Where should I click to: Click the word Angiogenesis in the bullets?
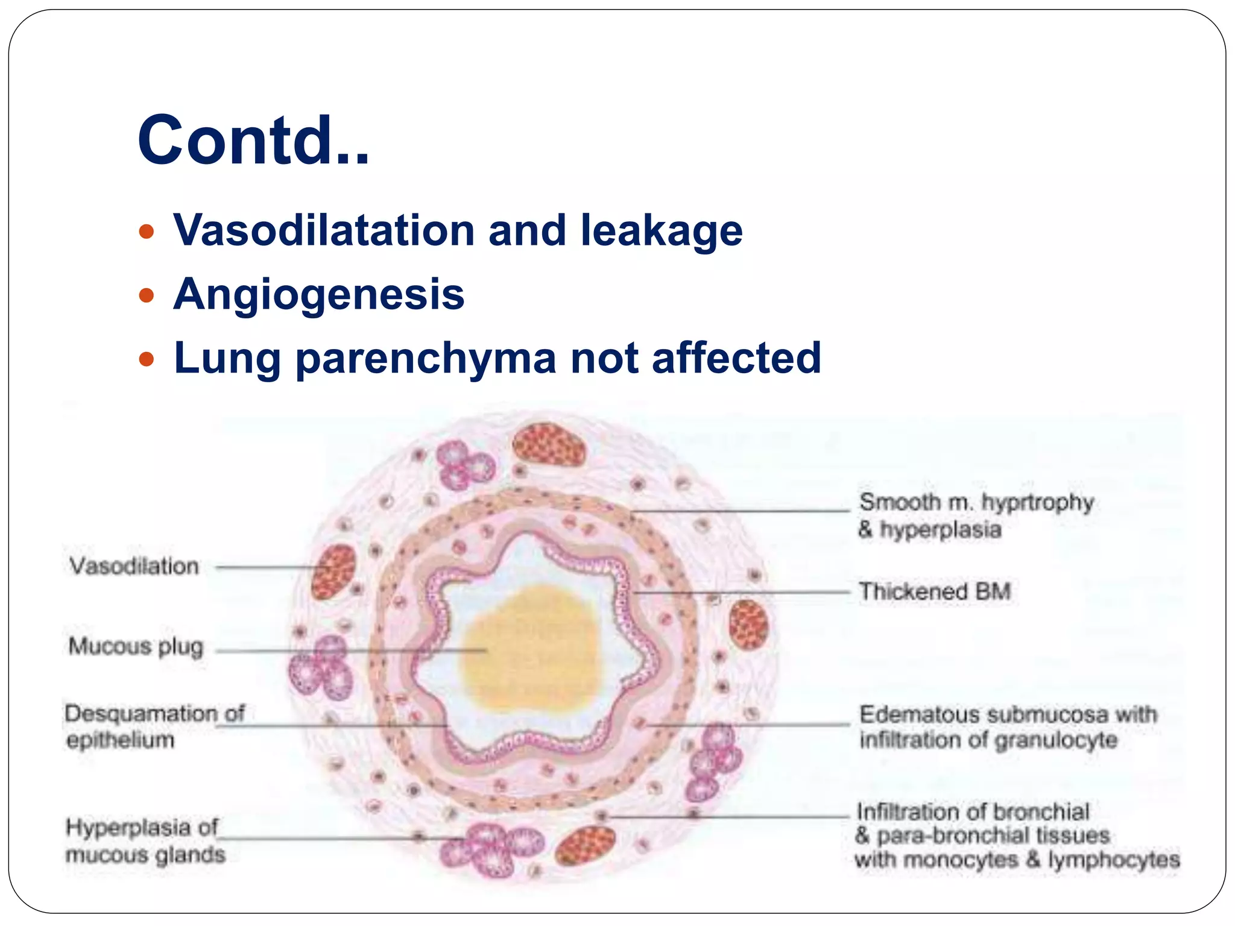coord(318,294)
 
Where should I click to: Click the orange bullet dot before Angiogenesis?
coord(147,295)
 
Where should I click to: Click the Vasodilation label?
coord(134,566)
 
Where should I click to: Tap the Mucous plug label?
coord(136,646)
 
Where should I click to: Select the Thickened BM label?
coord(934,591)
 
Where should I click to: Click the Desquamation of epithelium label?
coord(154,726)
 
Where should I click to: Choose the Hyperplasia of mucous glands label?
coord(145,840)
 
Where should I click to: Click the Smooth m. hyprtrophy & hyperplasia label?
coord(975,515)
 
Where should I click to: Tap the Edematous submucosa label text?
coord(1007,727)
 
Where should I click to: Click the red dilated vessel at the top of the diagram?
coord(549,444)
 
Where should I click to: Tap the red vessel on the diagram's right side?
coord(748,624)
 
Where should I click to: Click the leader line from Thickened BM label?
coord(742,593)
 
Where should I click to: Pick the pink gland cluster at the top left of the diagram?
coord(464,464)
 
